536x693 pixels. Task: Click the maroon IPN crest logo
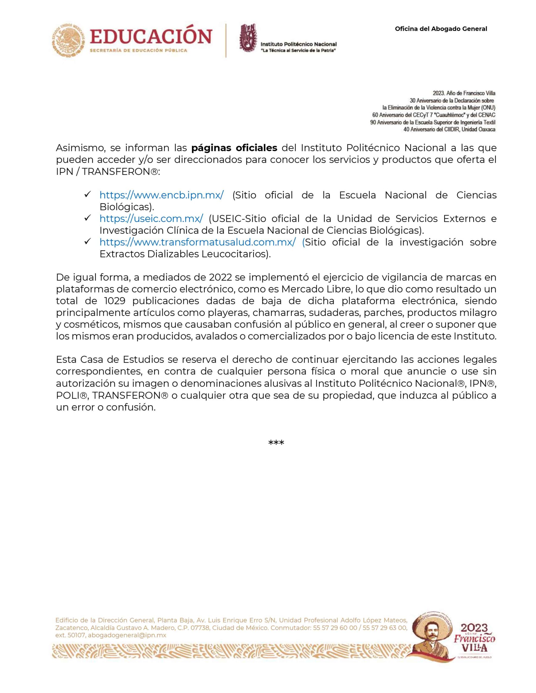pos(247,37)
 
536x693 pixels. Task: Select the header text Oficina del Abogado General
pos(441,29)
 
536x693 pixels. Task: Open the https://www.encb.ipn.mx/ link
pos(162,195)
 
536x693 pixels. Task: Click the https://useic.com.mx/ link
pos(151,219)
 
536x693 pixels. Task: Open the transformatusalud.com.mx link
pos(198,242)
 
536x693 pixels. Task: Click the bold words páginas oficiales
pos(234,148)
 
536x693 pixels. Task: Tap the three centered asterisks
pos(276,443)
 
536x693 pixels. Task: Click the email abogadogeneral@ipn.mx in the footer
pos(127,635)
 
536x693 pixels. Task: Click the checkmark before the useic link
pos(88,218)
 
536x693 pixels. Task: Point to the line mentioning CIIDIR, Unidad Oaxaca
pos(449,129)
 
